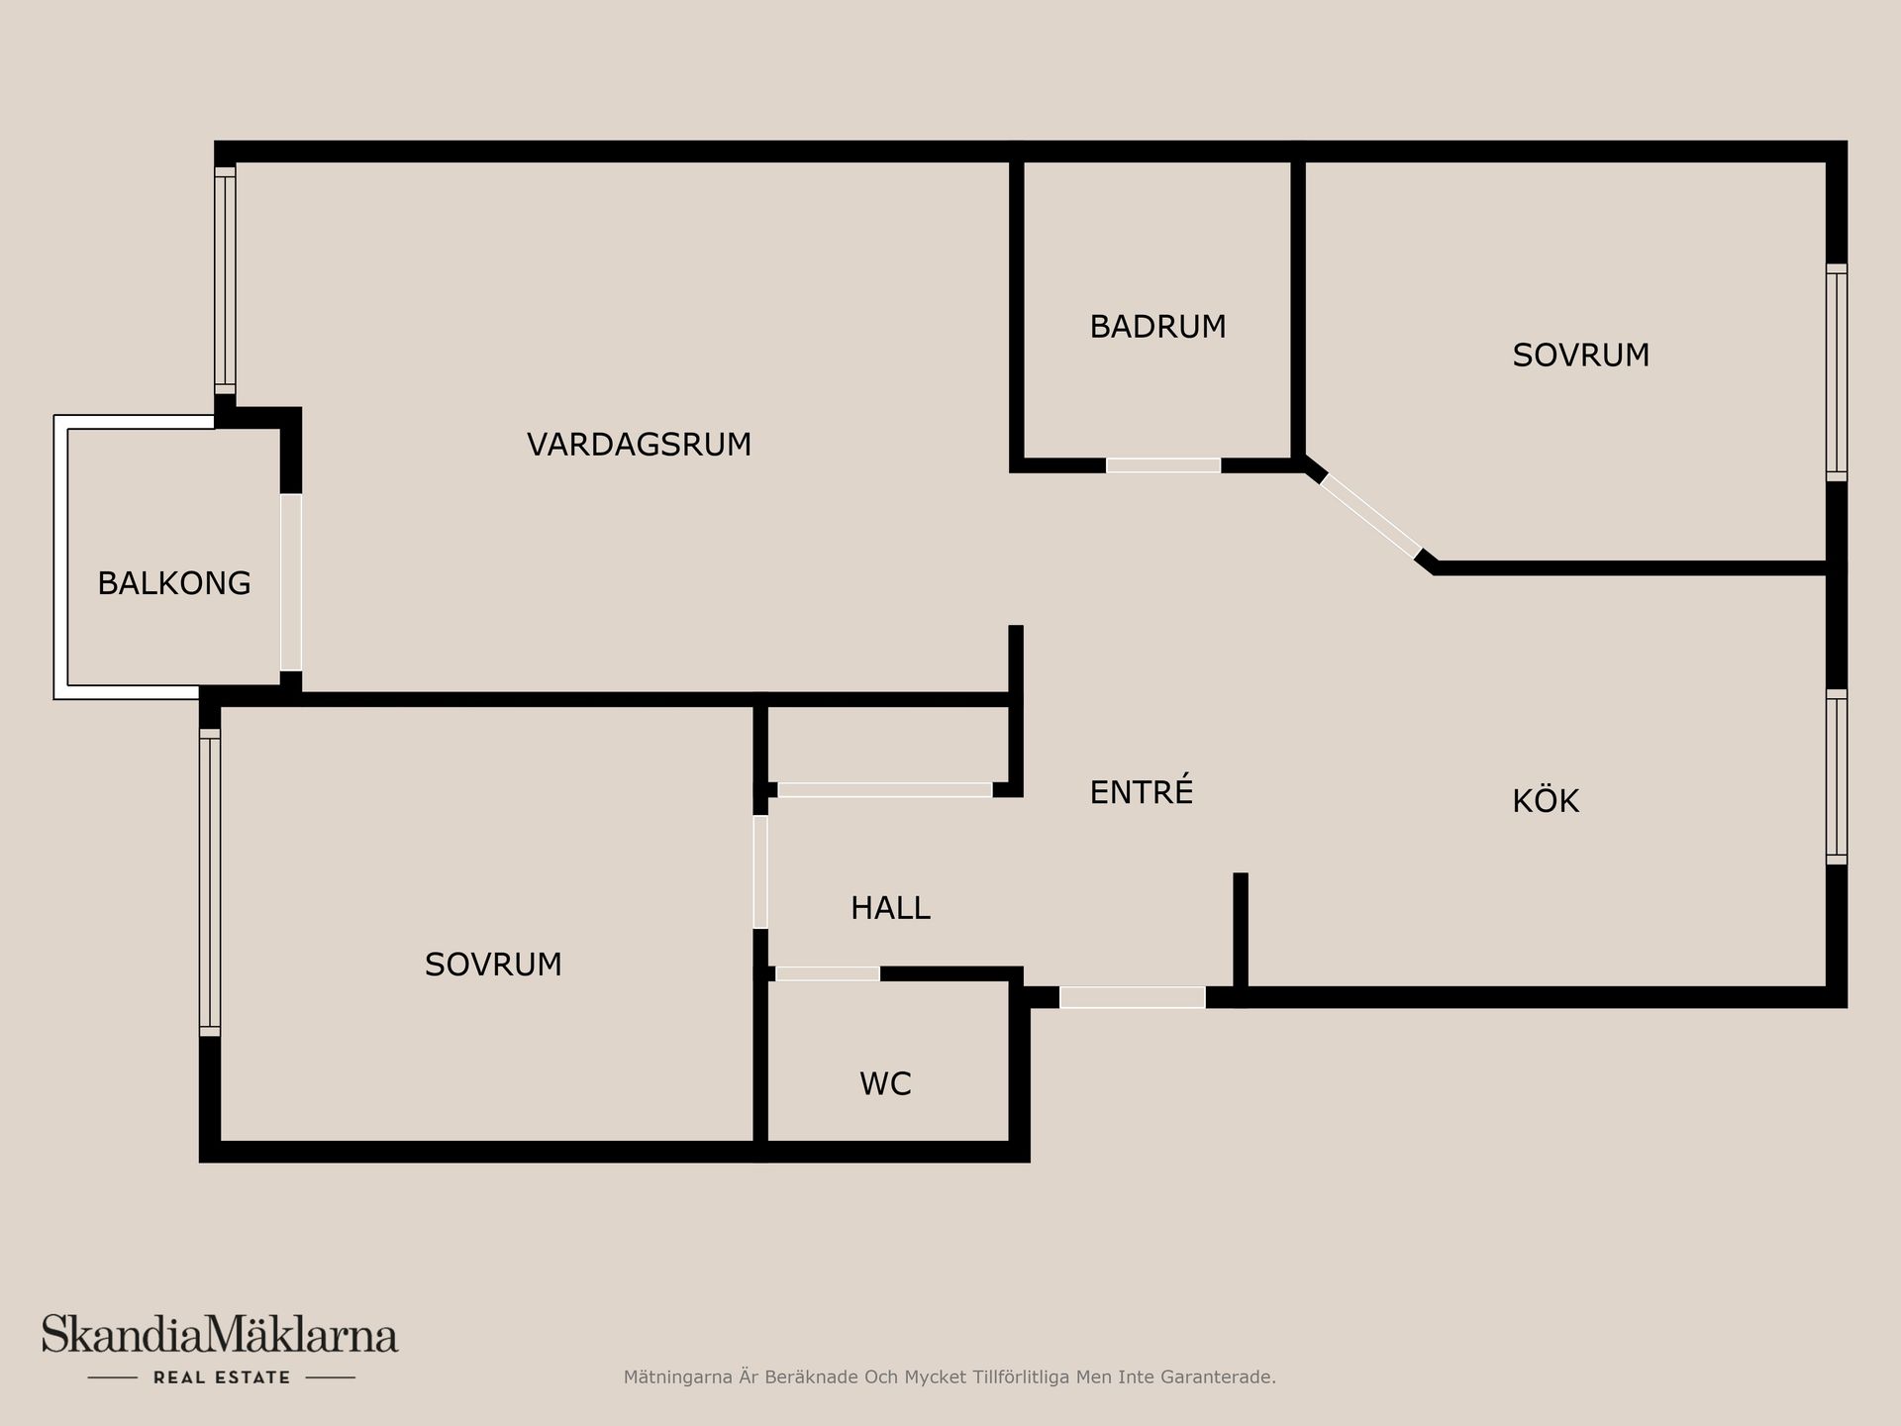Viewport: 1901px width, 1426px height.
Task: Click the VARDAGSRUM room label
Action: click(639, 445)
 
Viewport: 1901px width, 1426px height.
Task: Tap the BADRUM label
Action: click(1157, 327)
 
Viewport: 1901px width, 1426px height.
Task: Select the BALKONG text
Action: click(174, 583)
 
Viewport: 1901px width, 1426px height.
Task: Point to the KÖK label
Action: click(1546, 799)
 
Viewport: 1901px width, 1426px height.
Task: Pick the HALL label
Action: click(890, 908)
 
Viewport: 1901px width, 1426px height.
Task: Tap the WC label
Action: click(885, 1084)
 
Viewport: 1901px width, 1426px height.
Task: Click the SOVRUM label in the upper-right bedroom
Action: click(1581, 356)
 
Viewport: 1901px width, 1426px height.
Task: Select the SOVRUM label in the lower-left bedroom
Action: click(493, 965)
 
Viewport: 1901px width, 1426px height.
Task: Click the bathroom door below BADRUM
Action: click(1163, 465)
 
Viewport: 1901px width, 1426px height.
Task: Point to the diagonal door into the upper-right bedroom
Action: click(1371, 516)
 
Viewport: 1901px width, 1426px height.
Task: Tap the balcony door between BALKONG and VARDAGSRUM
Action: click(291, 582)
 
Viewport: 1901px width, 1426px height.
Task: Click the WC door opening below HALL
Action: click(828, 973)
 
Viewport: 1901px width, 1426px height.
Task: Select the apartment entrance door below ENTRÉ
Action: click(1133, 997)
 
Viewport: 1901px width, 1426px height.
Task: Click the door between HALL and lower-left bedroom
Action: click(760, 871)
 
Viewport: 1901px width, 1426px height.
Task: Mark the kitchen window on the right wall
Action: click(1837, 776)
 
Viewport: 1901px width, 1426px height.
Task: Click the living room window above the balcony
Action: click(226, 280)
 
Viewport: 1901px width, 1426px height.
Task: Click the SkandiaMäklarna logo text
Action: click(220, 1335)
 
